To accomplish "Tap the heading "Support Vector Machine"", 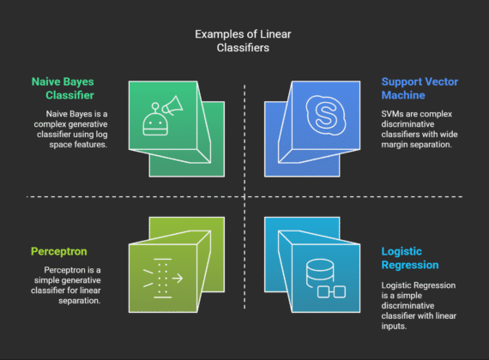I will (421, 90).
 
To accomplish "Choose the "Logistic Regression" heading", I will (413, 259).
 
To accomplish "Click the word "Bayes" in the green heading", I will (82, 83).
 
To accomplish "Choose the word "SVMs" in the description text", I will (395, 113).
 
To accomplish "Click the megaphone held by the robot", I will (169, 107).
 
